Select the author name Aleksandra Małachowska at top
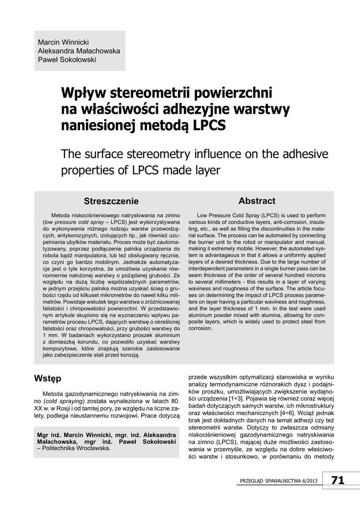79,50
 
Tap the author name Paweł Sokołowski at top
67,60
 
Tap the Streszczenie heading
111,201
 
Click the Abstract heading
257,201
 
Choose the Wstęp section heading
48,379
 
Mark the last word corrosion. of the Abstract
200,328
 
